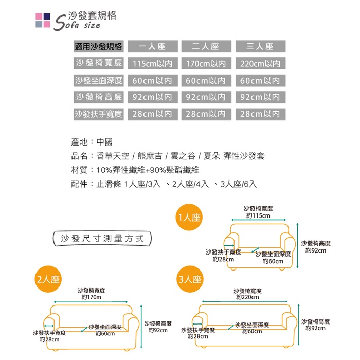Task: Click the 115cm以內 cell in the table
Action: point(152,64)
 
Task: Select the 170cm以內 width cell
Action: point(206,64)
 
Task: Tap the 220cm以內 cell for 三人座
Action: point(260,64)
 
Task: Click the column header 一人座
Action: point(152,47)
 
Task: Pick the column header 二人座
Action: point(206,47)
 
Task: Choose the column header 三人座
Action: point(260,47)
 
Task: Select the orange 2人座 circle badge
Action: point(48,280)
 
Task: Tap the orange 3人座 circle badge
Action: point(189,280)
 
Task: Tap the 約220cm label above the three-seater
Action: point(247,297)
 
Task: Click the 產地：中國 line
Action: point(92,142)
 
